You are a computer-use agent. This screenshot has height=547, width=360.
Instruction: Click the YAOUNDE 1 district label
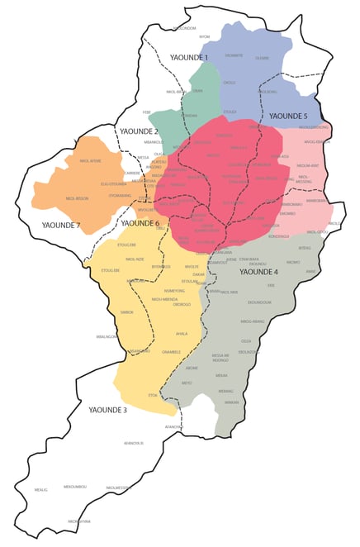point(188,57)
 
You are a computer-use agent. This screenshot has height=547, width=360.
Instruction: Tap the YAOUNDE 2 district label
point(138,131)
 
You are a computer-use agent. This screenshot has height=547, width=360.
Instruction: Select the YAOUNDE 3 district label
point(107,410)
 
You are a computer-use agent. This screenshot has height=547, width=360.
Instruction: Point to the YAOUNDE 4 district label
point(258,271)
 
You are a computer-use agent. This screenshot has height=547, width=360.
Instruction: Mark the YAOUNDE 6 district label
point(140,223)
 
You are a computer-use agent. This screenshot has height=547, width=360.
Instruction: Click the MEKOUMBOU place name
point(75,486)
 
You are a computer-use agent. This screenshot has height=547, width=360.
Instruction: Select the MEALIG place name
point(41,490)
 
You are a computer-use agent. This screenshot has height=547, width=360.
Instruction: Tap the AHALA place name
point(182,334)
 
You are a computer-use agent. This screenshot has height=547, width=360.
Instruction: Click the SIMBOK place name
point(127,312)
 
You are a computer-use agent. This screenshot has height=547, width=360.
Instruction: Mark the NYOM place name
point(205,37)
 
